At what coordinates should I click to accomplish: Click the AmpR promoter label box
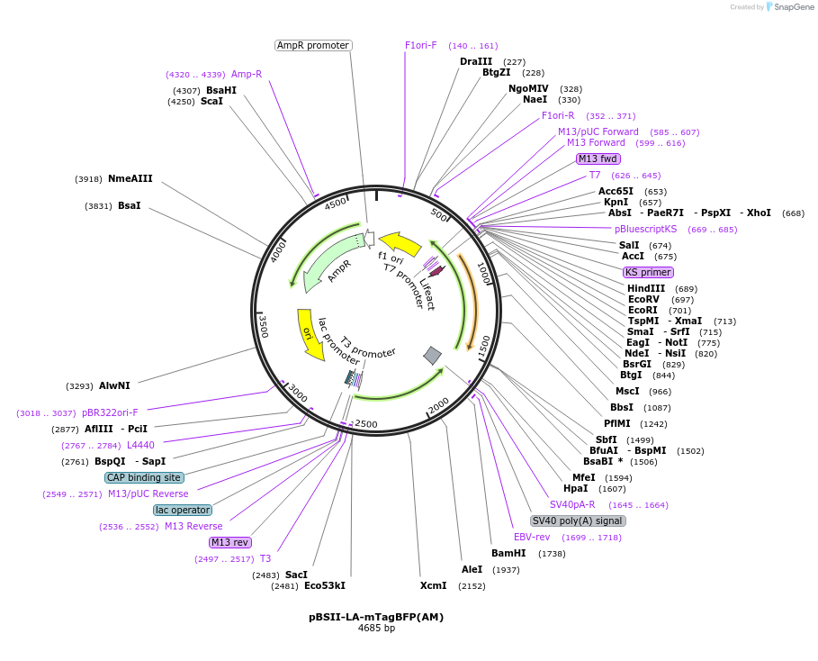click(312, 45)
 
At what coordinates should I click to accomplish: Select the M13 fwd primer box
click(598, 158)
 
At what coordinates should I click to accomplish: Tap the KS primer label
click(648, 272)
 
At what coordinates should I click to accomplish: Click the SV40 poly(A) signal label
click(577, 521)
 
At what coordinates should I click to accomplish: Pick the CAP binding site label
click(144, 477)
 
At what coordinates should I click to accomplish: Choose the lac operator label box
click(183, 510)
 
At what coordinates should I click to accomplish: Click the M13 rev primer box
click(229, 542)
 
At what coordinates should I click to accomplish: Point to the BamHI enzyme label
click(508, 553)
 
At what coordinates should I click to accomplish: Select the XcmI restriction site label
click(433, 585)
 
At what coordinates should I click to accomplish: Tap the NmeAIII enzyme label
click(130, 178)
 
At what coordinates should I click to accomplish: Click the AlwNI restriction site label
click(114, 385)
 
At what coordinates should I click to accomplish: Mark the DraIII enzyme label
click(476, 61)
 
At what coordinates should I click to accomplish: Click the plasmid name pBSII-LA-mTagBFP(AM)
click(376, 617)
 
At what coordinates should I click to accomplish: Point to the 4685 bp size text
click(376, 628)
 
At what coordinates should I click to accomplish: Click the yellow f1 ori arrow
click(400, 242)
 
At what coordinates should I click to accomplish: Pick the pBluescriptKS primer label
click(645, 229)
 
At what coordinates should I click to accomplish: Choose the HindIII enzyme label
click(646, 288)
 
